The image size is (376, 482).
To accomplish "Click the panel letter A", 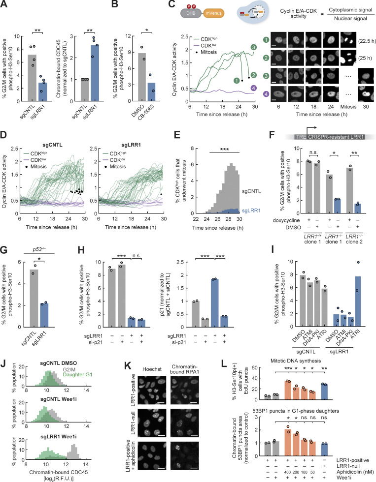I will pyautogui.click(x=4, y=4).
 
